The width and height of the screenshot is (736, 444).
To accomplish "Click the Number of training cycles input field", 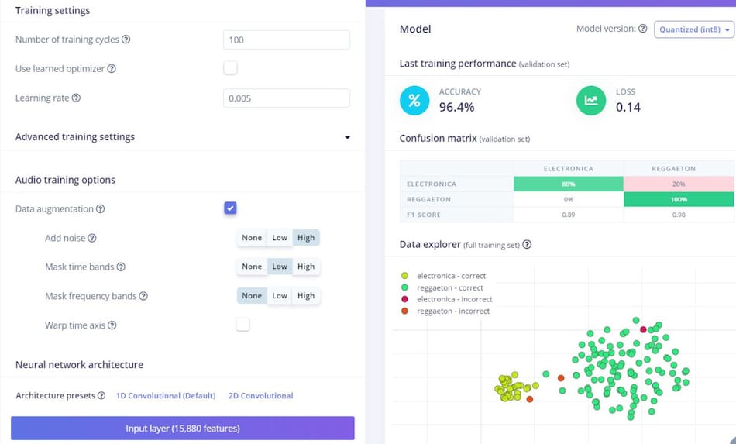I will coord(286,40).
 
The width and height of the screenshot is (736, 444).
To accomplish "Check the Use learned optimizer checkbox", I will coord(230,68).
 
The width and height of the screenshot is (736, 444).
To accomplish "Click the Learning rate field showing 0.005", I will coord(286,98).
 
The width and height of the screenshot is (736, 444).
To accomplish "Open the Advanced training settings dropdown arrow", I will coord(346,137).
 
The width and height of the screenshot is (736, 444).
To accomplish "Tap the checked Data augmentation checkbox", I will coord(230,208).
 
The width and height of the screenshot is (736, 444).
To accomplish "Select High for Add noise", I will coord(306,238).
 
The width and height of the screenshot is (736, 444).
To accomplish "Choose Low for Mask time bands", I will coord(280,267).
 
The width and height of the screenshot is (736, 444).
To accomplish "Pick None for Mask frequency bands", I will coord(252,295).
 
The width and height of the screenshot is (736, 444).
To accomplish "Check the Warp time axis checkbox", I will coord(242,325).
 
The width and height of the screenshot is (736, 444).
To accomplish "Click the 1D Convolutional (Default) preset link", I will coord(166,396).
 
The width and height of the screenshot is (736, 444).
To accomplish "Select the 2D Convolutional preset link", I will coord(260,396).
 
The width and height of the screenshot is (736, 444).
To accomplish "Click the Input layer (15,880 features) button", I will coord(183,428).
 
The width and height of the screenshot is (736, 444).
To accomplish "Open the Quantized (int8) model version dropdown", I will coord(694,29).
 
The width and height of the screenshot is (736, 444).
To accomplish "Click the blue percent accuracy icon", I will coord(414,100).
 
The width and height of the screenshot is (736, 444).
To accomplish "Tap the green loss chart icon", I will coord(591,100).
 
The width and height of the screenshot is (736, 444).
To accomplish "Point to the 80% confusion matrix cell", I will coord(568,184).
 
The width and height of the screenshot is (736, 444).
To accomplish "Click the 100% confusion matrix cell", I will coord(679,199).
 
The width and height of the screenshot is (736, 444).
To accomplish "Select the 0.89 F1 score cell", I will coord(568,215).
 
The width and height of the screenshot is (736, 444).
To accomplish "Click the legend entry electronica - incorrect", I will coord(454,299).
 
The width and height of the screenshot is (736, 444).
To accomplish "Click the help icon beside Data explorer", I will coord(527,245).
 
